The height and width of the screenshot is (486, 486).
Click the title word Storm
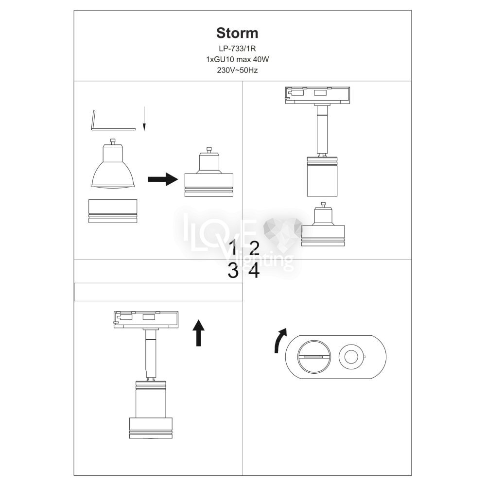[x=237, y=33]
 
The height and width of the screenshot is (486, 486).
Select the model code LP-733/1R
[x=237, y=49]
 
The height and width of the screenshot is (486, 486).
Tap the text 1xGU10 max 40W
[x=237, y=59]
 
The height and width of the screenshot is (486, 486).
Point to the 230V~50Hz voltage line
[x=237, y=70]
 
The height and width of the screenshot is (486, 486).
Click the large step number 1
[x=234, y=247]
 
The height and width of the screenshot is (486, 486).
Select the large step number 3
[x=233, y=271]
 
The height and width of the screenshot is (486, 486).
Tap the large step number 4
[x=254, y=271]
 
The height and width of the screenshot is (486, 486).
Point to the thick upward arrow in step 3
[x=198, y=333]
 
